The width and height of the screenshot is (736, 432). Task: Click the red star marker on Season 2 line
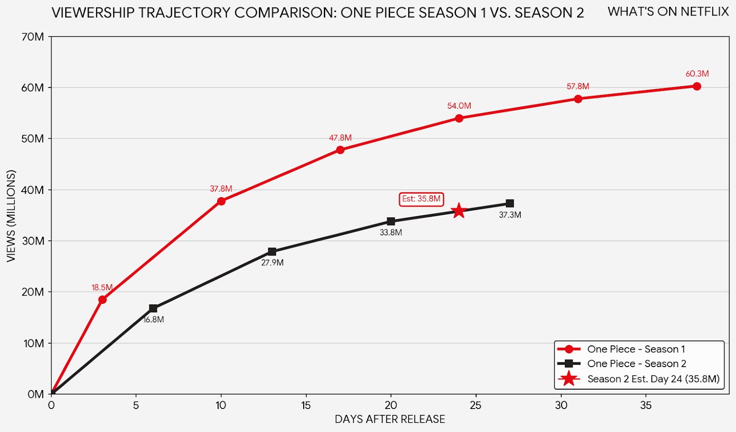click(x=459, y=211)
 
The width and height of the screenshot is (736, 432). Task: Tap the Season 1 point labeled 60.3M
click(x=696, y=87)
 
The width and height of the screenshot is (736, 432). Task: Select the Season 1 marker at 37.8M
click(x=221, y=201)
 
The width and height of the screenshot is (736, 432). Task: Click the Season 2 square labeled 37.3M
click(x=510, y=204)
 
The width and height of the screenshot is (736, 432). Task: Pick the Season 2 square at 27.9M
click(x=272, y=251)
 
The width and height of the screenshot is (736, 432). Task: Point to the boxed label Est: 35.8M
click(x=421, y=199)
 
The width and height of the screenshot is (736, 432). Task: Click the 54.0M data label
click(x=459, y=106)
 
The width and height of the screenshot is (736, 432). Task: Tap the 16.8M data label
click(x=154, y=320)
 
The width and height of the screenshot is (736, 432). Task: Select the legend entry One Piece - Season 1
click(x=636, y=349)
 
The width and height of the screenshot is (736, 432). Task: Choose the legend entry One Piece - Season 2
click(x=636, y=364)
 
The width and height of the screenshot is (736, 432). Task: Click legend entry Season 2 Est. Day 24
click(x=653, y=379)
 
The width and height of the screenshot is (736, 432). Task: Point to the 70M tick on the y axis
click(x=33, y=37)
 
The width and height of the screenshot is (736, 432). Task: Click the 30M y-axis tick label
click(x=33, y=241)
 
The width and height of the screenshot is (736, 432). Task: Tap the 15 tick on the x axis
click(x=306, y=405)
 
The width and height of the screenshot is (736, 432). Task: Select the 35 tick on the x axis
click(x=646, y=405)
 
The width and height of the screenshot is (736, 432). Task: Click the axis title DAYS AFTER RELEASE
click(x=390, y=419)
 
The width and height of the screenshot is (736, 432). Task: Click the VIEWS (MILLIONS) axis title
click(x=11, y=216)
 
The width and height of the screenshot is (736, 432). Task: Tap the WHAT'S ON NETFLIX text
click(x=668, y=12)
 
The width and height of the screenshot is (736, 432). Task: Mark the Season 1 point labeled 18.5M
click(x=102, y=300)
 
